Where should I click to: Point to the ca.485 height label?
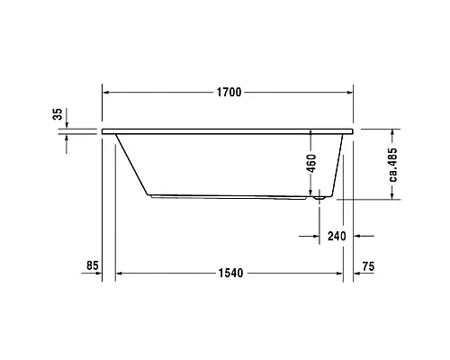tap(393, 164)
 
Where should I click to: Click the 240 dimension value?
tap(337, 237)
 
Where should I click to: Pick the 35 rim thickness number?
tap(58, 114)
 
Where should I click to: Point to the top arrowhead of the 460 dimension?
tap(312, 132)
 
